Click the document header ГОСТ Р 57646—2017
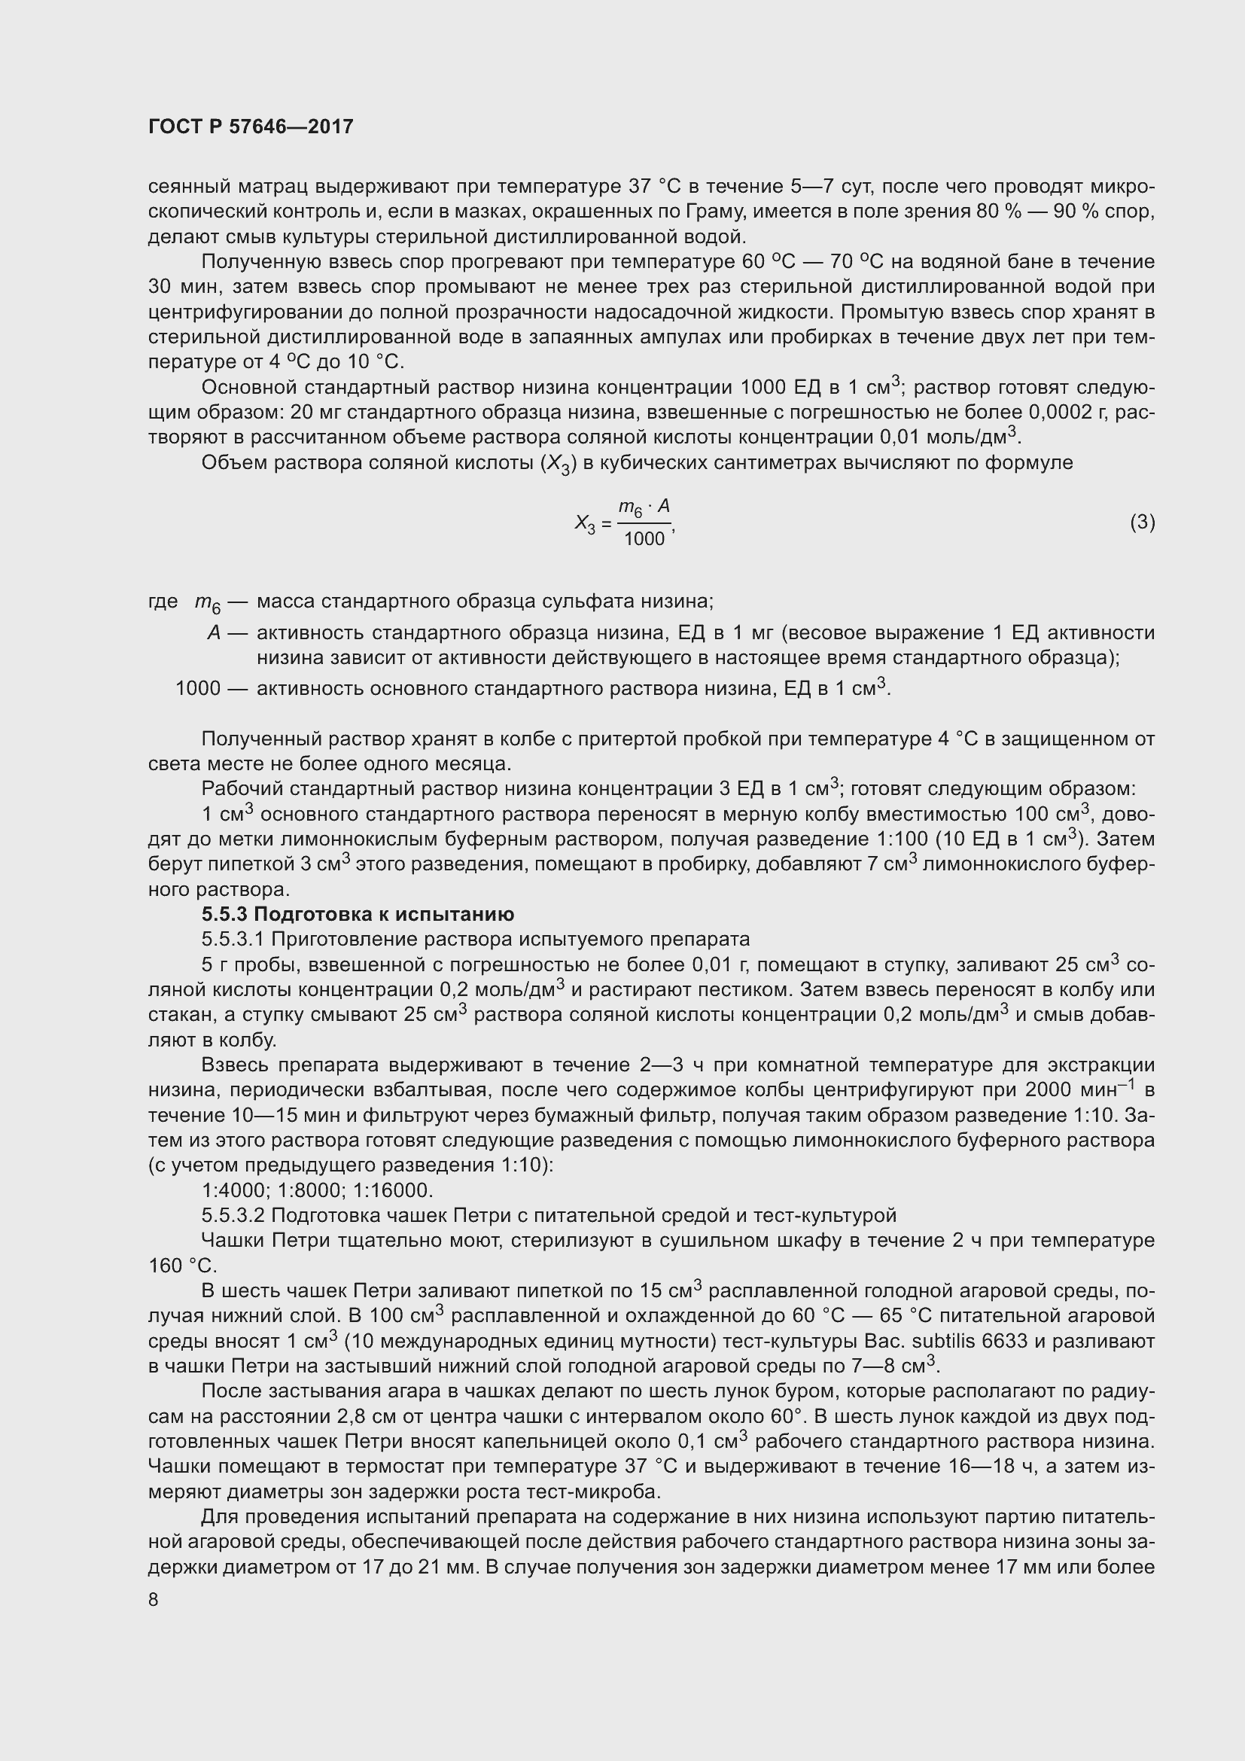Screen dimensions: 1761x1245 coord(251,126)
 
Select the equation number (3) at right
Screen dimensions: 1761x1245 coord(1142,523)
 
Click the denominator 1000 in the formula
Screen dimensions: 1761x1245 coord(644,539)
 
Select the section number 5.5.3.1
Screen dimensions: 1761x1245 coord(233,940)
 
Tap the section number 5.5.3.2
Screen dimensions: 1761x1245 coord(233,1216)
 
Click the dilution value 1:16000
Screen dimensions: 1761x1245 coord(397,1190)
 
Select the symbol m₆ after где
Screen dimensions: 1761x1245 coord(207,603)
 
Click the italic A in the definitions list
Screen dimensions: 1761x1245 coord(214,632)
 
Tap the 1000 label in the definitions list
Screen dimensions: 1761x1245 coord(198,688)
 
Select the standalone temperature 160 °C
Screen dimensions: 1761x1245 coord(181,1266)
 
